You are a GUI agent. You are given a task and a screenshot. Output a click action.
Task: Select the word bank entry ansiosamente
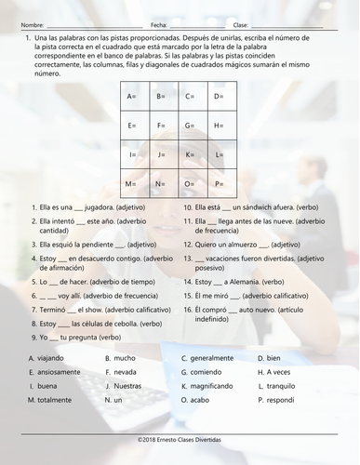(60, 372)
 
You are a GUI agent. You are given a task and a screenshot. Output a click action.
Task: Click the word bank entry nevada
(126, 372)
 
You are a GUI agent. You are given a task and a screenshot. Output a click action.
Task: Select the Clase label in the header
(241, 24)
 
